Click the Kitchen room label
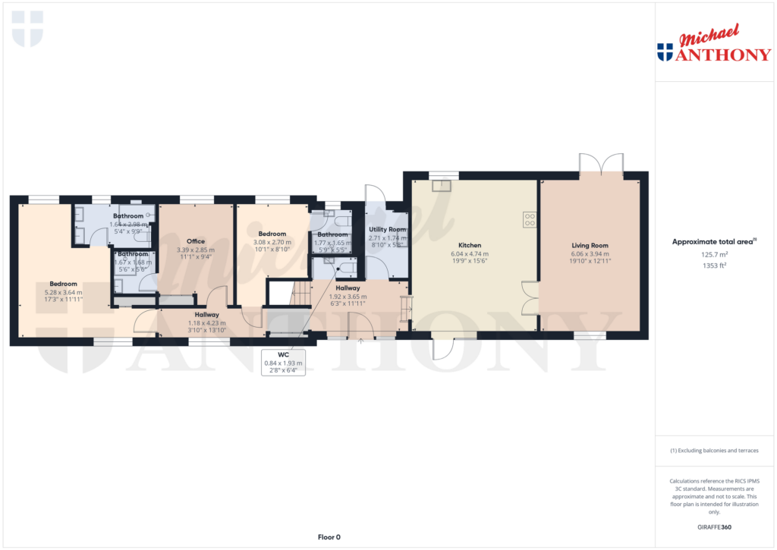(x=470, y=246)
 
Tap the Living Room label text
(x=590, y=246)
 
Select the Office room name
(x=196, y=241)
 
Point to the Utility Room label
(x=387, y=229)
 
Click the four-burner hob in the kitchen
(x=530, y=220)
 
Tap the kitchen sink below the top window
(x=440, y=184)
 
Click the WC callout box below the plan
(x=283, y=363)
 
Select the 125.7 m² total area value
(x=714, y=256)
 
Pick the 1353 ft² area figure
(x=714, y=266)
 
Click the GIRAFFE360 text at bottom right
(x=714, y=527)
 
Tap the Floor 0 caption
(x=328, y=537)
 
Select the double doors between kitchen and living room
(x=530, y=298)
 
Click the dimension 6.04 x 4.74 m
(x=470, y=254)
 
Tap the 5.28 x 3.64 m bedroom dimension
(x=64, y=292)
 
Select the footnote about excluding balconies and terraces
(x=714, y=451)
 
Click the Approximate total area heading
(x=713, y=242)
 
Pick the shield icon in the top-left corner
(x=28, y=28)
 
